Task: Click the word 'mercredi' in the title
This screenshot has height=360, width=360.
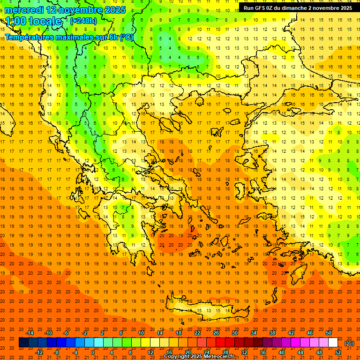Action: tap(24, 10)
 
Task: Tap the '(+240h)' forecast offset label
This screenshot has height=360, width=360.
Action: tap(83, 21)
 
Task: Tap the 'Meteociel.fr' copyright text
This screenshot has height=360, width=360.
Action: tap(218, 357)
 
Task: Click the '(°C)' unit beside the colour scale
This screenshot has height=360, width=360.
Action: tap(349, 343)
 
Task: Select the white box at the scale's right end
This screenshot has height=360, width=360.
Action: tap(333, 343)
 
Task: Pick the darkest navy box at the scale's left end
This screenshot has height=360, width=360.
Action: tap(23, 343)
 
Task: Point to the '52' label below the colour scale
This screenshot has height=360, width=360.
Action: tap(338, 352)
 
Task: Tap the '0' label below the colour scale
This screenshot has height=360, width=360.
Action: tap(93, 352)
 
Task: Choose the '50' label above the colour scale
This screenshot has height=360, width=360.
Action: tap(329, 333)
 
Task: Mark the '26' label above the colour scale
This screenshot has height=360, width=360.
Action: tap(216, 333)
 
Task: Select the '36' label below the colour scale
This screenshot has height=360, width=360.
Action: tap(263, 352)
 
